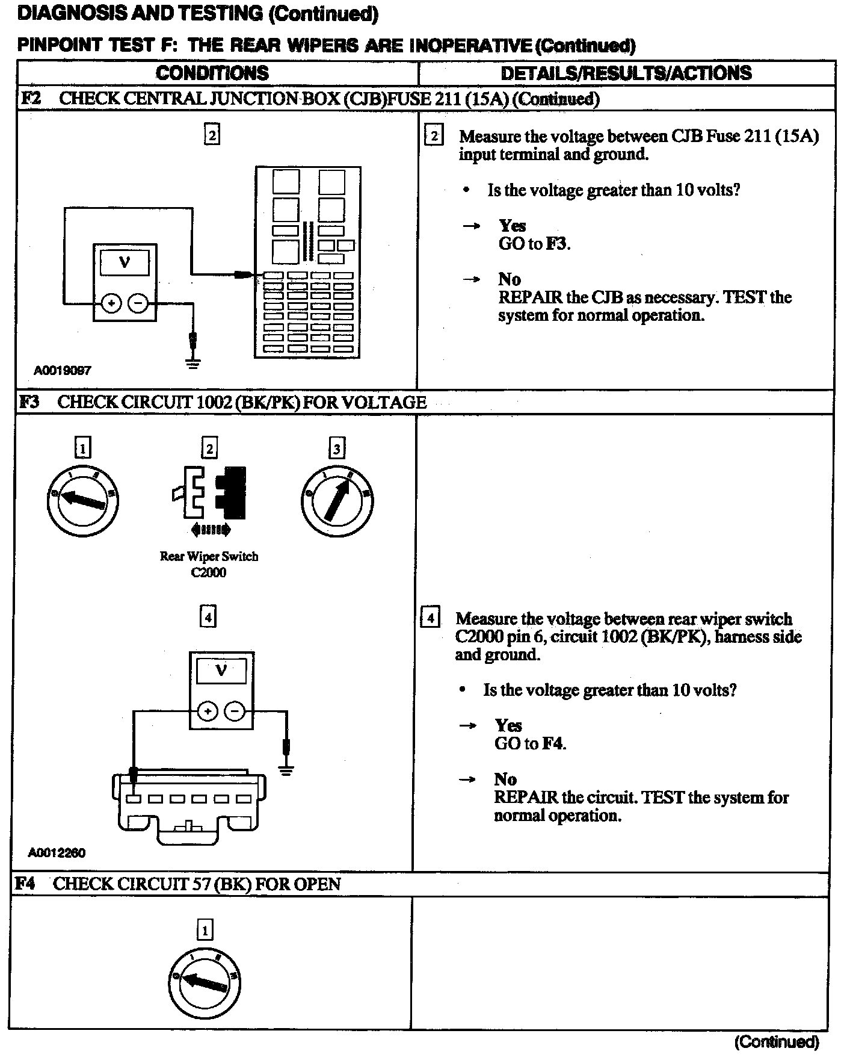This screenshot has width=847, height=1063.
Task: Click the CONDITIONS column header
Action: click(212, 73)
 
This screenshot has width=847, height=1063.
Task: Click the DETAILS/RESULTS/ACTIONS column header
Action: click(626, 73)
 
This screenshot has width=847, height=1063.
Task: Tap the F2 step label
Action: click(31, 98)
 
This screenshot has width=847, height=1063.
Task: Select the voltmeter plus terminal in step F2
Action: click(111, 304)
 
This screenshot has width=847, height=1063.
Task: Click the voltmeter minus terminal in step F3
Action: click(234, 712)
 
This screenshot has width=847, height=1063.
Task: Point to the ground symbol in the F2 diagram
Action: click(193, 363)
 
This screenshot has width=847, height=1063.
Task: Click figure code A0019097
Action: click(63, 371)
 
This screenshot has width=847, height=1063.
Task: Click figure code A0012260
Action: click(57, 853)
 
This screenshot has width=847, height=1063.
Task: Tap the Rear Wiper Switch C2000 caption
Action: click(209, 564)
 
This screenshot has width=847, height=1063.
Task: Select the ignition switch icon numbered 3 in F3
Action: click(337, 501)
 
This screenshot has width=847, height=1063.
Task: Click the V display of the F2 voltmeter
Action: click(125, 262)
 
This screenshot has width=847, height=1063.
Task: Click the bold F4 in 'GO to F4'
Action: click(553, 744)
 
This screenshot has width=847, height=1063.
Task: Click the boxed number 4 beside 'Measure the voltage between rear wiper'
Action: click(430, 618)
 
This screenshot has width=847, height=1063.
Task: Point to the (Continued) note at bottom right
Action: click(776, 1042)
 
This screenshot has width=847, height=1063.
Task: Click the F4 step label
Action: click(25, 884)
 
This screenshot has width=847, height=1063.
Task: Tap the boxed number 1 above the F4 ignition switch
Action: click(205, 931)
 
